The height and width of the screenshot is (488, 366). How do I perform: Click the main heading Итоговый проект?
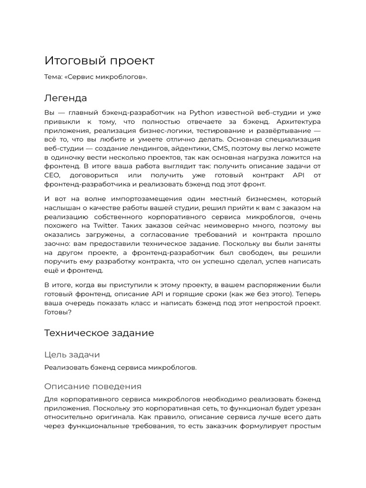[99, 61]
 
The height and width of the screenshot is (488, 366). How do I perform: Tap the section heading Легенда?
[66, 98]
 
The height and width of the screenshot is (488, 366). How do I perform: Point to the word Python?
[202, 112]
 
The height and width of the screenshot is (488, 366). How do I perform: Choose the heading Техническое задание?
[99, 333]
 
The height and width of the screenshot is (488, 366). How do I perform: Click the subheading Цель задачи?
[72, 355]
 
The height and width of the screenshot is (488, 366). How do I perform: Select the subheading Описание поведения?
[92, 386]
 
